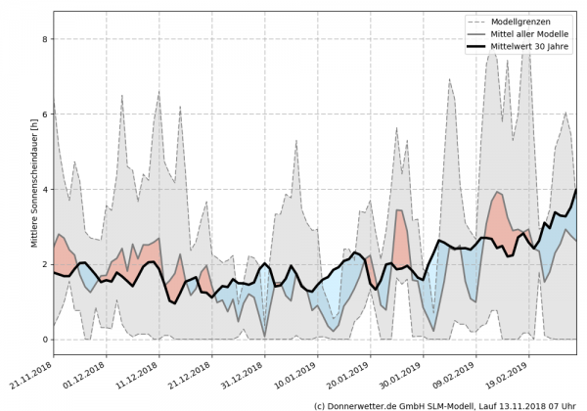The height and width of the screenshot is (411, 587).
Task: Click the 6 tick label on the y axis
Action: coord(45,114)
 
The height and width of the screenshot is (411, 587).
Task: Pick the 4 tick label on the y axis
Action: coord(45,190)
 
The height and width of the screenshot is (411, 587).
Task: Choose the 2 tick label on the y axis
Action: coord(45,264)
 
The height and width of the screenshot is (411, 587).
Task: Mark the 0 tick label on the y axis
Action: coord(45,340)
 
